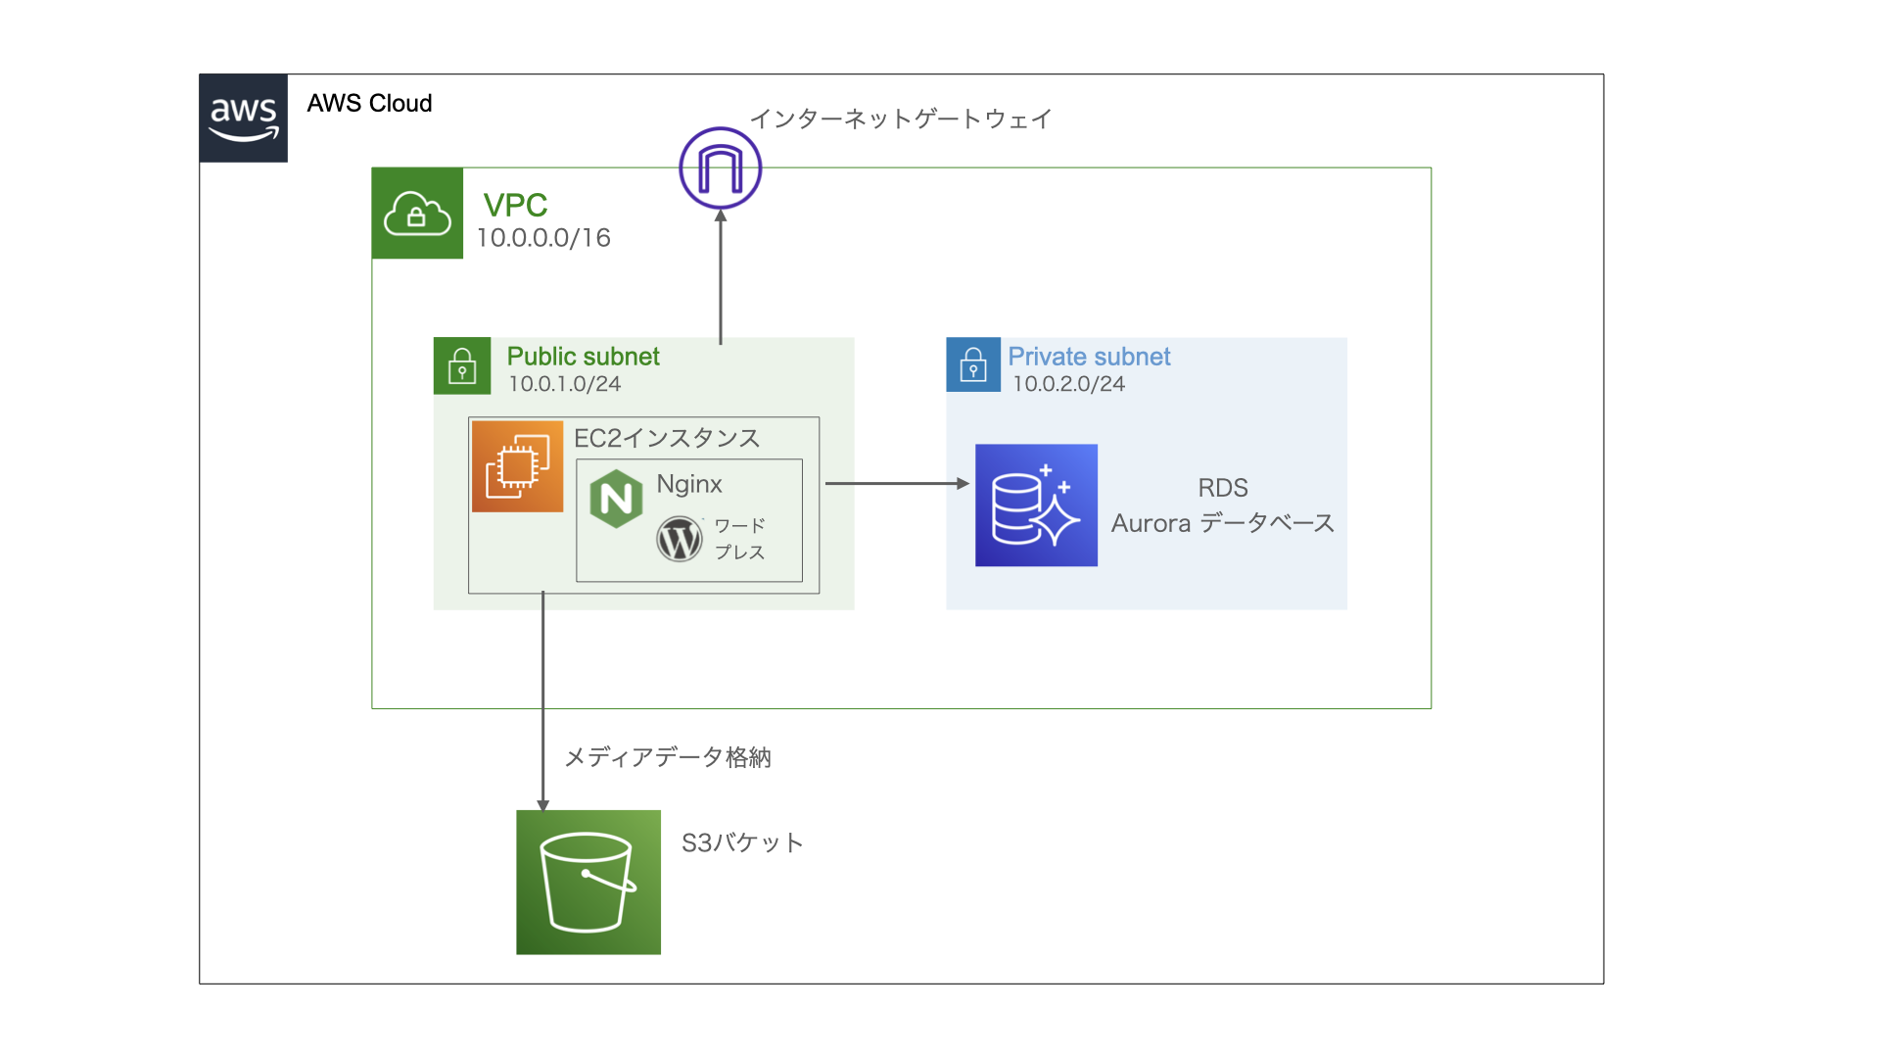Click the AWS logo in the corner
pyautogui.click(x=243, y=119)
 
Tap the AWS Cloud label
pyautogui.click(x=369, y=104)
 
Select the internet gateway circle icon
pyautogui.click(x=721, y=168)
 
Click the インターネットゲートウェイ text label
pyautogui.click(x=901, y=120)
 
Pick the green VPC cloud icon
pyautogui.click(x=417, y=214)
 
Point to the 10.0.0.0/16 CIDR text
pyautogui.click(x=543, y=238)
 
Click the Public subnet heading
pyautogui.click(x=583, y=357)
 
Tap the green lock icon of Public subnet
pyautogui.click(x=462, y=366)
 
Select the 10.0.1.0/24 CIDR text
pyautogui.click(x=564, y=384)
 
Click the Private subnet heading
pyautogui.click(x=1089, y=357)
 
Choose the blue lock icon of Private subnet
pyautogui.click(x=973, y=365)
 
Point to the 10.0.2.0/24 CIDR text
pyautogui.click(x=1068, y=384)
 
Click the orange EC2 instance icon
pyautogui.click(x=517, y=466)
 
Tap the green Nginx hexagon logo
pyautogui.click(x=616, y=499)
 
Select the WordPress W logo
pyautogui.click(x=680, y=539)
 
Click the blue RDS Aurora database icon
pyautogui.click(x=1036, y=505)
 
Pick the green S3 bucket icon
pyautogui.click(x=588, y=883)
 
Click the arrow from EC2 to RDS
pyautogui.click(x=896, y=483)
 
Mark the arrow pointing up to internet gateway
pyautogui.click(x=721, y=279)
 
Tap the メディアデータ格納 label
pyautogui.click(x=668, y=757)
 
